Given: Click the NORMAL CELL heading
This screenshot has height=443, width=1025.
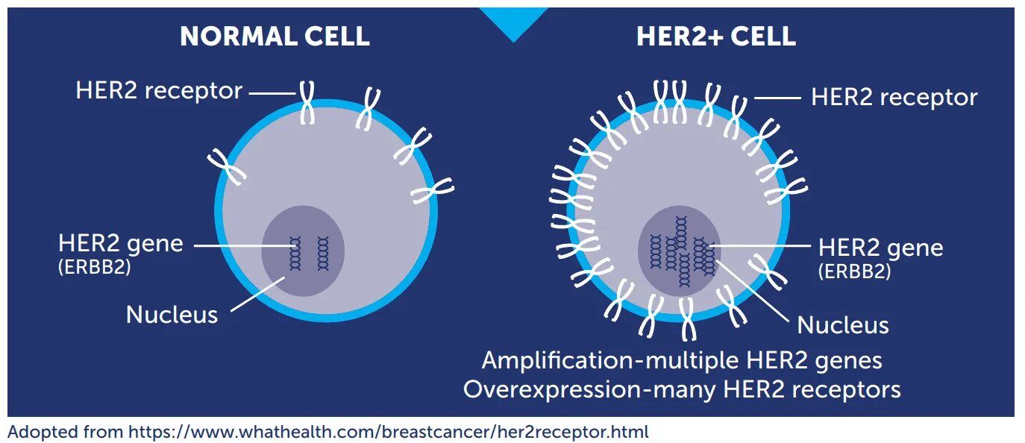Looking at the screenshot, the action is click(275, 37).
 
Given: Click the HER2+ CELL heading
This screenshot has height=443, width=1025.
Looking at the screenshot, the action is click(715, 37).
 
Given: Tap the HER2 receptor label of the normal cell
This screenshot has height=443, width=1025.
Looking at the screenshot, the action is click(159, 91).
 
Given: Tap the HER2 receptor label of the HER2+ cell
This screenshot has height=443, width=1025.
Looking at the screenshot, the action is click(894, 97).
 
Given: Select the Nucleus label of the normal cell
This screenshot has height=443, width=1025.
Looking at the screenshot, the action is click(172, 314).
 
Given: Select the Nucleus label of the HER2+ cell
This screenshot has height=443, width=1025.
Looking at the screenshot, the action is click(843, 325).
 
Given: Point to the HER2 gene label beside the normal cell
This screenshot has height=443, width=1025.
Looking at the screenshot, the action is click(121, 243).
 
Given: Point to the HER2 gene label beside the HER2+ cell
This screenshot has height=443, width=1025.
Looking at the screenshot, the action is click(880, 248).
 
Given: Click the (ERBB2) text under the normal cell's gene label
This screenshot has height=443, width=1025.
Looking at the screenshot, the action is click(95, 267).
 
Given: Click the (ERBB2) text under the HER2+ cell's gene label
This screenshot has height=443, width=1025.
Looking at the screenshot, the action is click(855, 271).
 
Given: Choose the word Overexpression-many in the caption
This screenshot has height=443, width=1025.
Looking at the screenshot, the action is click(567, 389).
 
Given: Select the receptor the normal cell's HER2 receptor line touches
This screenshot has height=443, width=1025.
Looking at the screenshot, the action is click(307, 103).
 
